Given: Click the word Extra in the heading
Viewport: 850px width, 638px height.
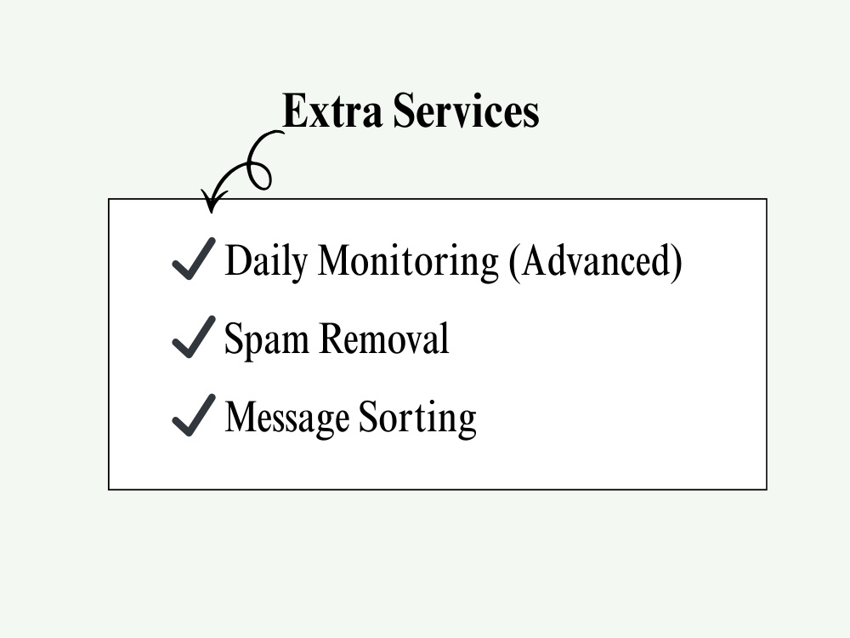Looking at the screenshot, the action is [x=332, y=111].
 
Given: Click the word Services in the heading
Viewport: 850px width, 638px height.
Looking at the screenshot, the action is [x=466, y=111].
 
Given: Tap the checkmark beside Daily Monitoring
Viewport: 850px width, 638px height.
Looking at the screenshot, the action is [x=194, y=259].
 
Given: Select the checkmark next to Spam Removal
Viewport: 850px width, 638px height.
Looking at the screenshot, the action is [x=194, y=337].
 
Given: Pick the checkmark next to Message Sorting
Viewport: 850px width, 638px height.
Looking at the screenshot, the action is [x=194, y=415].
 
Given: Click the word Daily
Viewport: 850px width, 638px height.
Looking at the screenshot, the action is [x=266, y=262].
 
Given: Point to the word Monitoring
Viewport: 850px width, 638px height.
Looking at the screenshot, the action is [x=408, y=262].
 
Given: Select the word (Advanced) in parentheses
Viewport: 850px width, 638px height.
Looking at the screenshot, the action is [x=596, y=262].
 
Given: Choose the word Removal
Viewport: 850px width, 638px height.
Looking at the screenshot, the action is [x=384, y=338].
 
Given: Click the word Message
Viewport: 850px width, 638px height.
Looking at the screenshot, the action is [x=286, y=419].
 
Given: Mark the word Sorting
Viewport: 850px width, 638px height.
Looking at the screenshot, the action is [x=417, y=419].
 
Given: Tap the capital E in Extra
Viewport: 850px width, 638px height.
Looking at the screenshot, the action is [x=295, y=111].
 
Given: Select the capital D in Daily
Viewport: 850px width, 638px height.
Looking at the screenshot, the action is [x=239, y=260].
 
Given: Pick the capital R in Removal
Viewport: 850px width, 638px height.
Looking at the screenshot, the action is [x=333, y=339].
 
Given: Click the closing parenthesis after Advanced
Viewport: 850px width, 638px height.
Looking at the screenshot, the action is [x=676, y=262].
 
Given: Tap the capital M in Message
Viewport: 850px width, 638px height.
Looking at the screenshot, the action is [x=243, y=417].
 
